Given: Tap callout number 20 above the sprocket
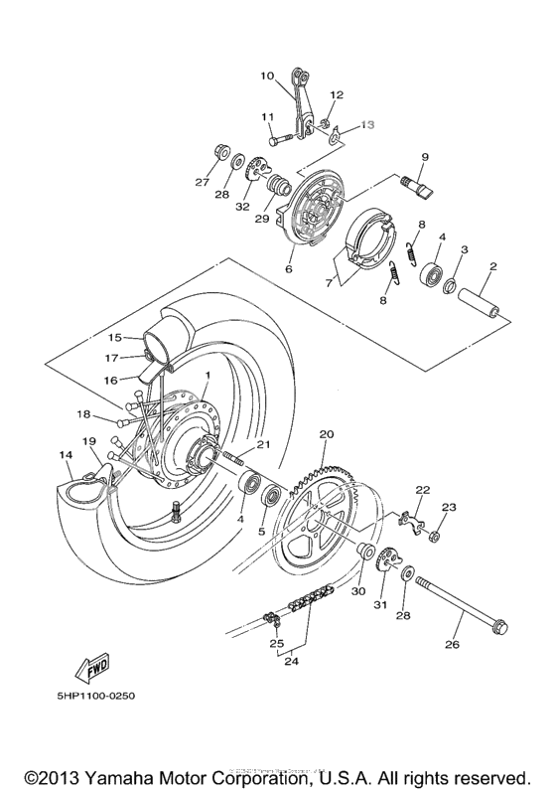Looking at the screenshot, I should [327, 434].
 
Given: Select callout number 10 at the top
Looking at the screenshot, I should [266, 76].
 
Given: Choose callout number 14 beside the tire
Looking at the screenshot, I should [67, 455].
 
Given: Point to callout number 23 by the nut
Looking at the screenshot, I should [449, 507].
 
